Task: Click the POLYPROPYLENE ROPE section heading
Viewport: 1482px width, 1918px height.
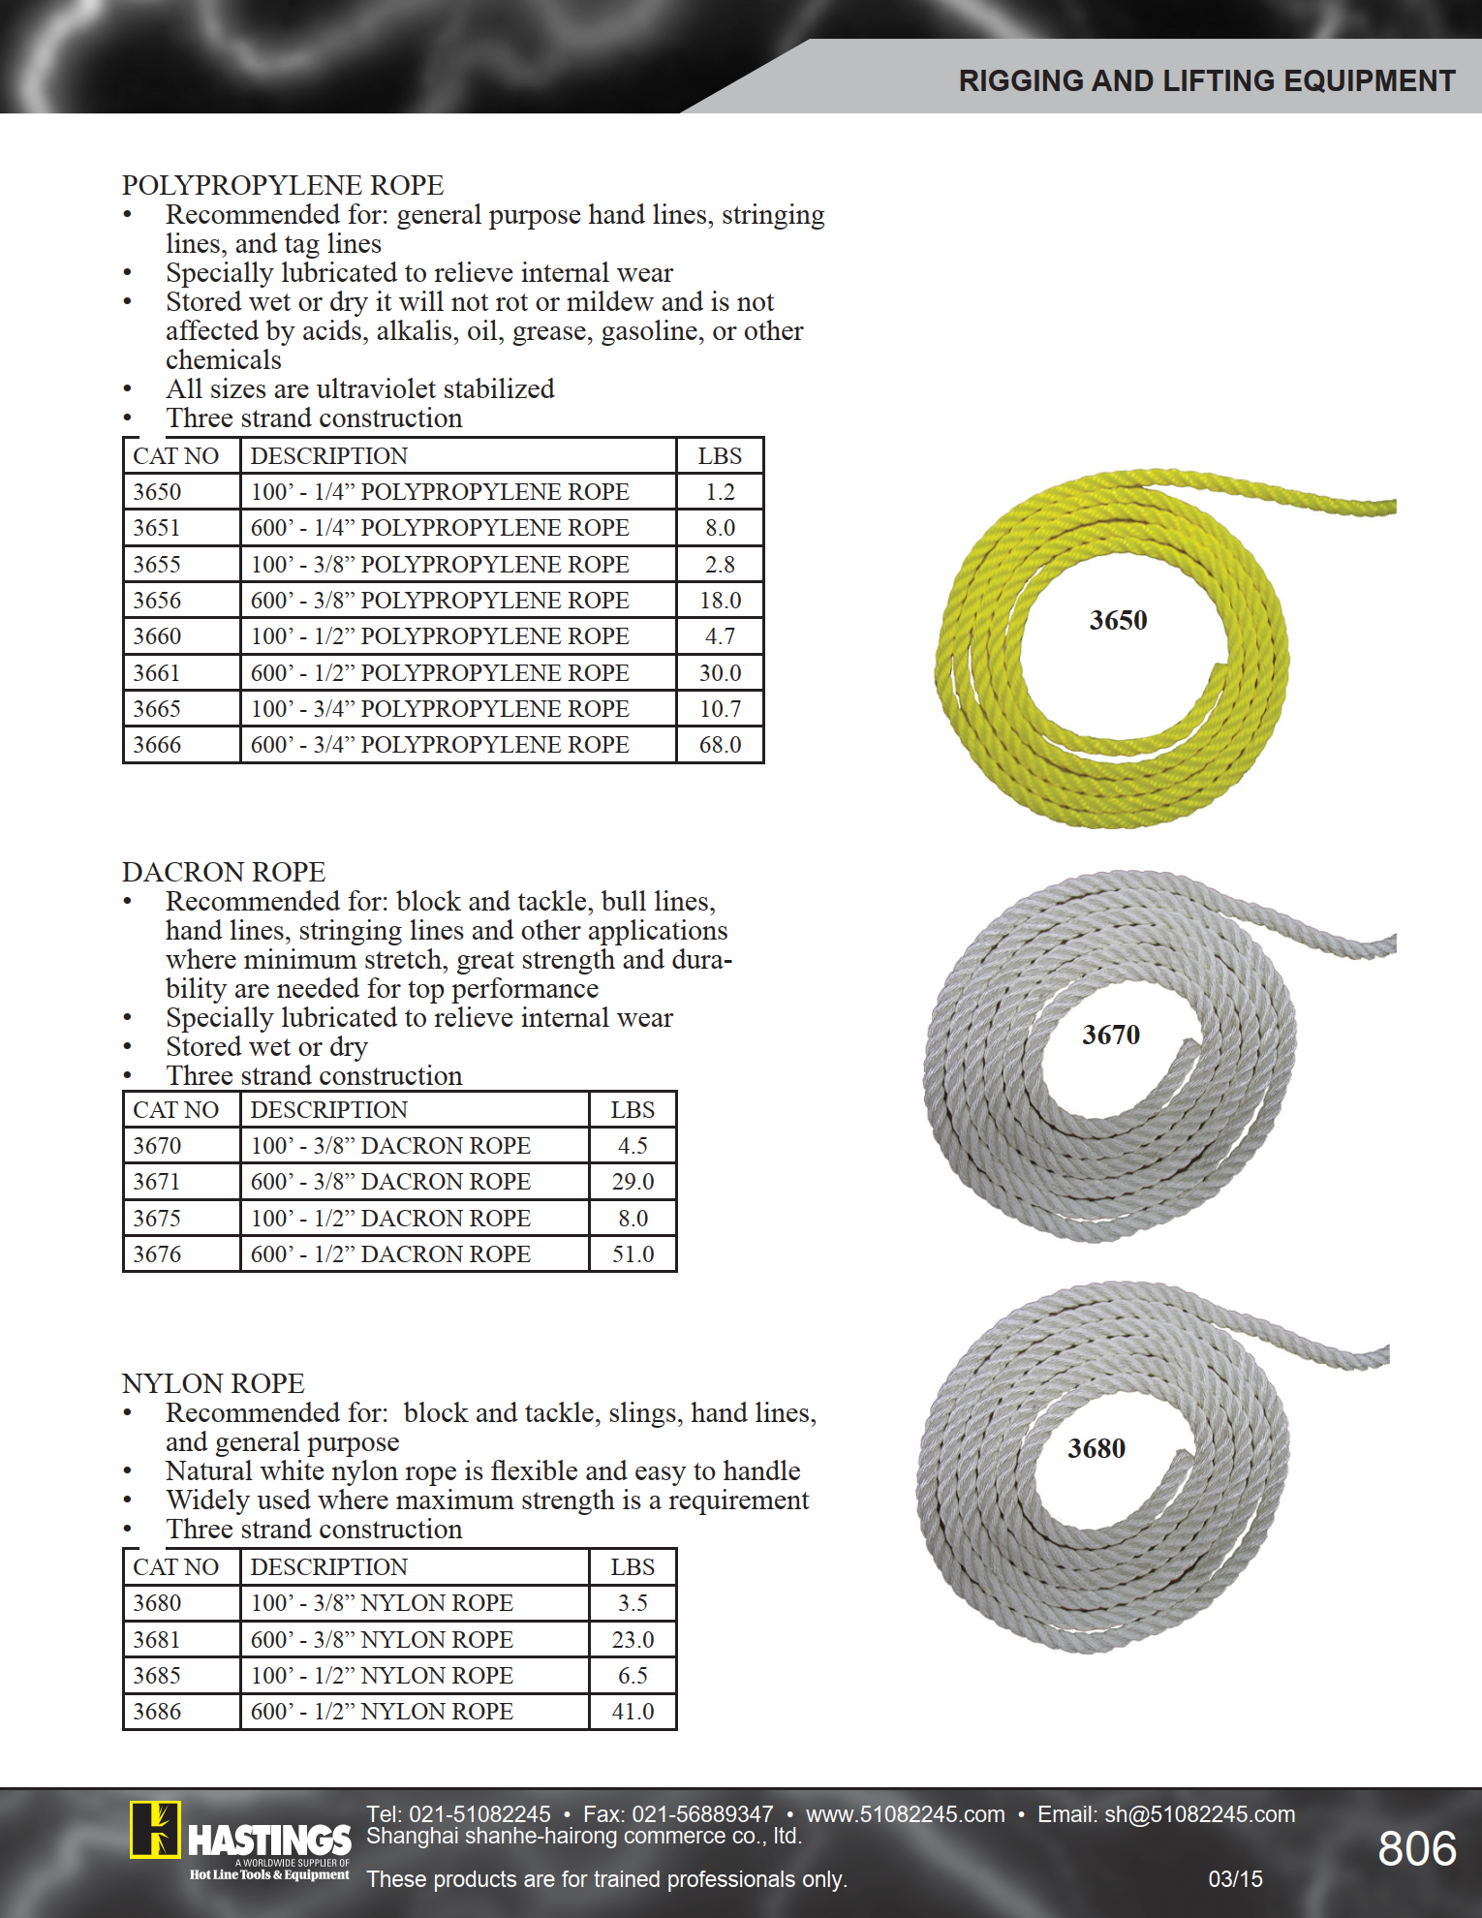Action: click(x=282, y=185)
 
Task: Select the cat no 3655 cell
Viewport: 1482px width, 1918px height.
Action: click(x=157, y=565)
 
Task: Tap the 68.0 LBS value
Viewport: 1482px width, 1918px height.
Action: click(x=720, y=745)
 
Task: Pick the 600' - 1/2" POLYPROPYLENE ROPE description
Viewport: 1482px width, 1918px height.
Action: click(x=440, y=673)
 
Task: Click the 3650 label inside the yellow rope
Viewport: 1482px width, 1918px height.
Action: click(x=1118, y=620)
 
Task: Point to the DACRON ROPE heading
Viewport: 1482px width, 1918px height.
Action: click(x=224, y=872)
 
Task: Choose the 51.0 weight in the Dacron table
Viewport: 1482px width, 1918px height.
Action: click(x=633, y=1254)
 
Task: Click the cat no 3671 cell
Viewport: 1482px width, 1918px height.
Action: click(x=157, y=1182)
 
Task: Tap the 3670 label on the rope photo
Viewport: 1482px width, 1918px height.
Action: click(x=1111, y=1035)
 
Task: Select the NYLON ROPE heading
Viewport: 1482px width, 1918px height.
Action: click(x=213, y=1383)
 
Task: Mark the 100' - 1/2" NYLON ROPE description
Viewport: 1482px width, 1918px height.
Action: click(x=382, y=1676)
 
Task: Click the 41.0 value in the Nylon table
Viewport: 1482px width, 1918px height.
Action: click(x=633, y=1712)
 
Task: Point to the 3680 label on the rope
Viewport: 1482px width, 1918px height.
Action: click(x=1096, y=1448)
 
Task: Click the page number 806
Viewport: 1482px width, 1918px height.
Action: click(x=1416, y=1848)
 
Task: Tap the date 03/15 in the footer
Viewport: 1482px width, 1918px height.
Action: click(x=1235, y=1879)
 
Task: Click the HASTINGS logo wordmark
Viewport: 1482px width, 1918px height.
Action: click(x=269, y=1840)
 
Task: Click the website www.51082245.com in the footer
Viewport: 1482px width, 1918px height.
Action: click(x=905, y=1814)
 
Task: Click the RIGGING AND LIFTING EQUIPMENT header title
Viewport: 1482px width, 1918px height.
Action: click(x=1207, y=80)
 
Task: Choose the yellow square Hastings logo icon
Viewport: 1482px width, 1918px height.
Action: click(x=155, y=1830)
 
